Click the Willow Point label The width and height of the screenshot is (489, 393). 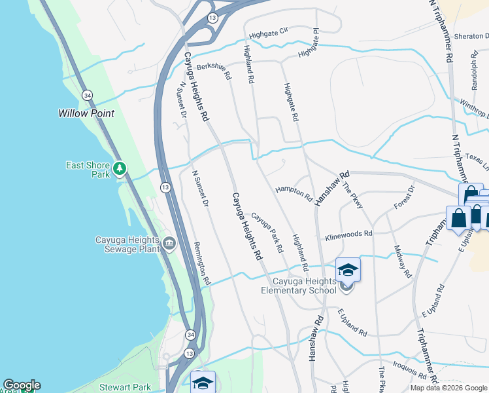pyautogui.click(x=86, y=113)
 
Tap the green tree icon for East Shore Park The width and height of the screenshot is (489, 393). pyautogui.click(x=119, y=170)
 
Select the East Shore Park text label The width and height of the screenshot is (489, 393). pyautogui.click(x=88, y=170)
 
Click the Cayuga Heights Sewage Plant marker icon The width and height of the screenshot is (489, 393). pyautogui.click(x=169, y=244)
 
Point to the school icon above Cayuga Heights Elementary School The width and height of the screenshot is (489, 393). pyautogui.click(x=348, y=269)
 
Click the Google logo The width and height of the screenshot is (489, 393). pyautogui.click(x=22, y=385)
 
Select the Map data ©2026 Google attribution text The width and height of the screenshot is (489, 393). pyautogui.click(x=448, y=388)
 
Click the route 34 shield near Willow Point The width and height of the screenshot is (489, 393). pyautogui.click(x=87, y=96)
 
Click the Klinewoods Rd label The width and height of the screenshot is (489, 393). pyautogui.click(x=348, y=233)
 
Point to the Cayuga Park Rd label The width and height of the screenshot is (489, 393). pyautogui.click(x=267, y=233)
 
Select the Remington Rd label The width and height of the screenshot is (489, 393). pyautogui.click(x=202, y=263)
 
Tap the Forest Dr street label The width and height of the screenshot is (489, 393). pyautogui.click(x=405, y=197)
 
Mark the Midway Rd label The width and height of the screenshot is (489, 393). pyautogui.click(x=403, y=261)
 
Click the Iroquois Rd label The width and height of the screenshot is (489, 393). pyautogui.click(x=409, y=369)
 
